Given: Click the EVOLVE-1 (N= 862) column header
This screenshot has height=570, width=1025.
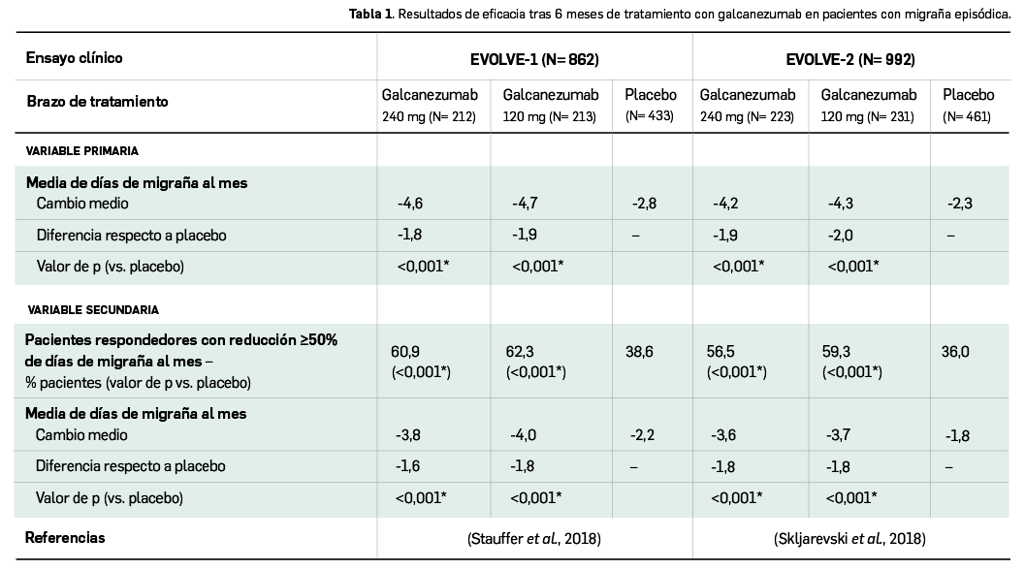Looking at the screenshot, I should click(x=534, y=59).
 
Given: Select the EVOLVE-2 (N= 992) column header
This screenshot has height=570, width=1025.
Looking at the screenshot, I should click(x=850, y=59).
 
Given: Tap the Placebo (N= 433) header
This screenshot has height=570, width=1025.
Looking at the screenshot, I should click(x=651, y=105).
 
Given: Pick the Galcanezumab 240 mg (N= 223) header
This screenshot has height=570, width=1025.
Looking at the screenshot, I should click(x=748, y=105).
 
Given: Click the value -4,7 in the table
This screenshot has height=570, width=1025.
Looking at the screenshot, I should click(x=525, y=204).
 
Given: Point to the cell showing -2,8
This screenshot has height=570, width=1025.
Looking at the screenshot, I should click(x=643, y=204).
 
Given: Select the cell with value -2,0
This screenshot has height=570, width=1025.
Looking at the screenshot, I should click(x=840, y=235).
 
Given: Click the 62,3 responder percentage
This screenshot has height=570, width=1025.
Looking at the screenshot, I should click(x=519, y=352).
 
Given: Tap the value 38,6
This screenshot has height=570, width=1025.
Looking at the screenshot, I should click(x=639, y=352).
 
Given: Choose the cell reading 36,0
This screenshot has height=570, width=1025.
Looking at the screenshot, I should click(x=955, y=352).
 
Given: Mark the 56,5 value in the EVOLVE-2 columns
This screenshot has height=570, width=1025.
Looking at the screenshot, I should click(x=722, y=352).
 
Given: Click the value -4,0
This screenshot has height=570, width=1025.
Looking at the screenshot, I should click(x=524, y=435).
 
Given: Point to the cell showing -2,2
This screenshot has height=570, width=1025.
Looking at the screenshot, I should click(x=643, y=435).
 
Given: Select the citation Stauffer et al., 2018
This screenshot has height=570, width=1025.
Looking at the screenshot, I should click(x=534, y=539).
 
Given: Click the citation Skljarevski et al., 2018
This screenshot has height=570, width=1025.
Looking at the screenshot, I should click(x=850, y=539).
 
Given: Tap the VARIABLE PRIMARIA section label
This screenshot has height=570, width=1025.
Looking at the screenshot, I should click(x=82, y=151).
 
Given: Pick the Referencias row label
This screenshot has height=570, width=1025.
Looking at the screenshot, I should click(x=65, y=537).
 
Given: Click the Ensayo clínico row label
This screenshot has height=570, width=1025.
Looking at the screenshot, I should click(x=75, y=58).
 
